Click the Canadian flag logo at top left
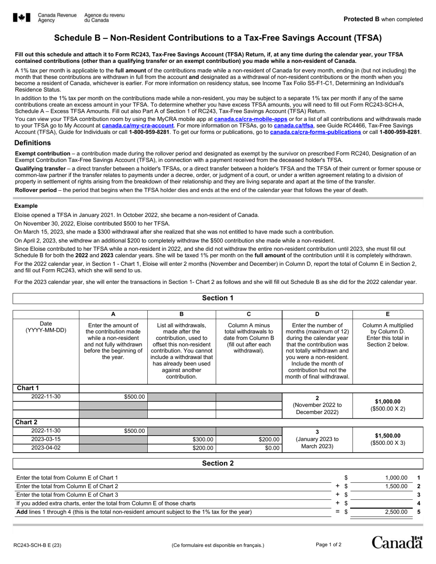pyautogui.click(x=22, y=18)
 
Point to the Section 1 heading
pyautogui.click(x=218, y=298)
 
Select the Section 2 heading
pyautogui.click(x=218, y=463)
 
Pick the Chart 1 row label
pyautogui.click(x=26, y=388)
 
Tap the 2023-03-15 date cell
pyautogui.click(x=46, y=439)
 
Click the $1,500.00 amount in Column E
pyautogui.click(x=388, y=436)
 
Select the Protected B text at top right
pyautogui.click(x=383, y=19)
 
